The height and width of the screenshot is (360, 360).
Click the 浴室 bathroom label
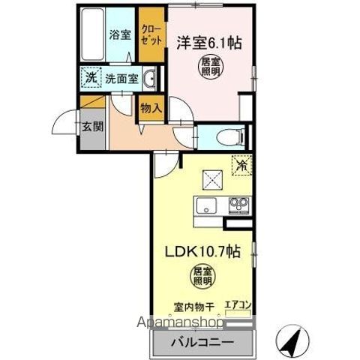[x=119, y=34]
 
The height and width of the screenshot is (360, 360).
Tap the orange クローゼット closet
[x=150, y=37]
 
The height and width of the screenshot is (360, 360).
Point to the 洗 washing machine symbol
[x=91, y=77]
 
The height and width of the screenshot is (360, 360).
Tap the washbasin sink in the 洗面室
[x=149, y=78]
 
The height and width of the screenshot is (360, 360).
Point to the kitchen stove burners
[x=238, y=205]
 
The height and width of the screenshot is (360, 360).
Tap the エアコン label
[x=238, y=304]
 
